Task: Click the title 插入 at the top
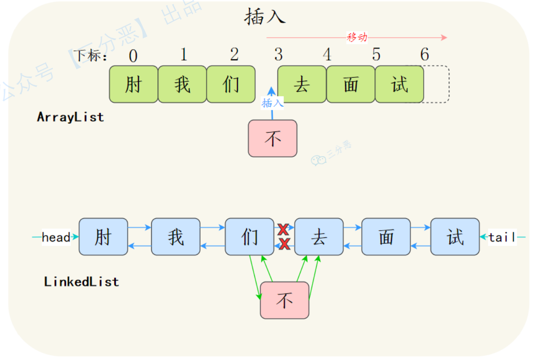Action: point(265,17)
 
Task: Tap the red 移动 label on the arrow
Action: point(357,38)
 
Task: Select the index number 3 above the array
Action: point(278,55)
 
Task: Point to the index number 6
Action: point(424,55)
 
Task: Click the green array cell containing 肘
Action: point(133,84)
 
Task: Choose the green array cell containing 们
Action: point(231,84)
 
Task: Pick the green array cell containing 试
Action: point(399,84)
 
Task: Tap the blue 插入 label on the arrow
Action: point(272,103)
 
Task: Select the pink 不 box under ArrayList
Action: point(272,138)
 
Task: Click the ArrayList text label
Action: point(71,117)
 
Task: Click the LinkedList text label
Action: point(81,282)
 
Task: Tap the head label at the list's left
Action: point(56,237)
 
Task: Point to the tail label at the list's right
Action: point(502,237)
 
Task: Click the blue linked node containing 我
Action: point(176,237)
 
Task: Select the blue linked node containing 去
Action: point(318,237)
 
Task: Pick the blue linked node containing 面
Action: point(386,237)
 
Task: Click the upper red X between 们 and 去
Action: point(283,229)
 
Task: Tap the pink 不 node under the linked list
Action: point(284,300)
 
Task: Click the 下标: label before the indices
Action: point(90,56)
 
